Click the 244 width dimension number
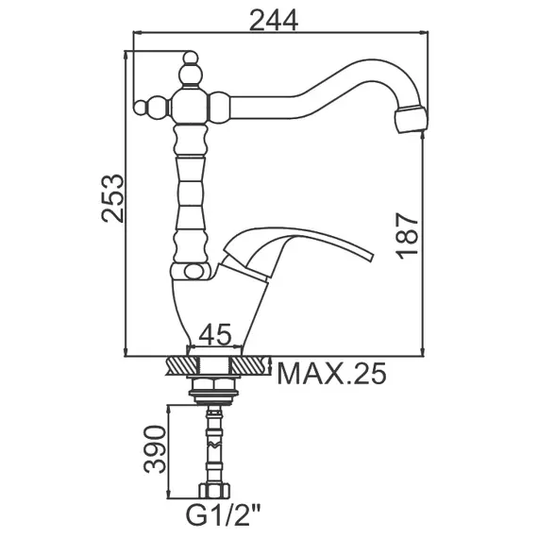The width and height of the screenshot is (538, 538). pos(274,20)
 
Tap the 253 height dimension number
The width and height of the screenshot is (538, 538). pos(112,198)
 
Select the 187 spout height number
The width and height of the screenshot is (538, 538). pos(407,236)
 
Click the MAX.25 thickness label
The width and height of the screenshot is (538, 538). pos(331,374)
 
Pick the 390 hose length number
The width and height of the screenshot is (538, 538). pos(155,449)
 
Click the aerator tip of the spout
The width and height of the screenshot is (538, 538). pos(411,120)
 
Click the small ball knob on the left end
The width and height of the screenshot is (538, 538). pos(140,108)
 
